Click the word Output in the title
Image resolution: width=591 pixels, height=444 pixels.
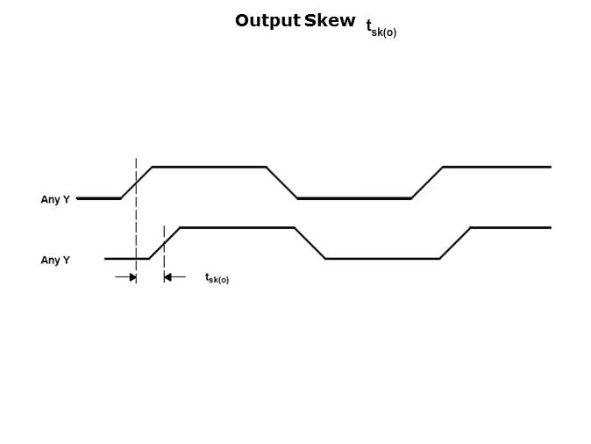[x=267, y=21]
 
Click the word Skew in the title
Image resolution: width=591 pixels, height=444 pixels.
[x=330, y=21]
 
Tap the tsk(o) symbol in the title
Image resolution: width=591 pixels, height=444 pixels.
[x=381, y=28]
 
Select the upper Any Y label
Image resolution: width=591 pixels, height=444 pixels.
[x=55, y=200]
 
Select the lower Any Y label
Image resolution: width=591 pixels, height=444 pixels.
[x=55, y=261]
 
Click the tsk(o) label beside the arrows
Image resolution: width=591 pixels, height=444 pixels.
[x=217, y=278]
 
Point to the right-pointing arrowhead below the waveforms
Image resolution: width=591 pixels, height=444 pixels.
[x=132, y=277]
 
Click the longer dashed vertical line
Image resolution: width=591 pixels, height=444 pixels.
[x=136, y=219]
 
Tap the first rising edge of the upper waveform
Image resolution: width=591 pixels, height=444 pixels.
[x=136, y=183]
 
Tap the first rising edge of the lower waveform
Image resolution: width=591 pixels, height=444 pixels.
[x=164, y=243]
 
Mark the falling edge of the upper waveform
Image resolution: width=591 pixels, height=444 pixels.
[x=281, y=183]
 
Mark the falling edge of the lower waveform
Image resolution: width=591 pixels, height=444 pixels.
[x=310, y=243]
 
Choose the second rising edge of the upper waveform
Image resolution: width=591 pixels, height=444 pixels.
[x=427, y=183]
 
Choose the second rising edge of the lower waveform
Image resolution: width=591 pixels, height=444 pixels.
[x=455, y=243]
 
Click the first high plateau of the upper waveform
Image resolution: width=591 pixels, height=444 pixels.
[x=209, y=167]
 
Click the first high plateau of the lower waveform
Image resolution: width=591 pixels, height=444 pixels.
[x=237, y=228]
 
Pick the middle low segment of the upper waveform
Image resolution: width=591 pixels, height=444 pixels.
[x=354, y=198]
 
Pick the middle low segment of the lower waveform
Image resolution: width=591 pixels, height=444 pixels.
[x=382, y=259]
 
